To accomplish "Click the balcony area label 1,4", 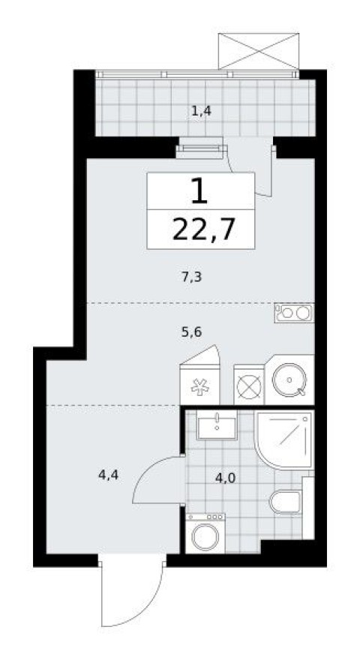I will point(200,112).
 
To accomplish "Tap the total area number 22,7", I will point(200,227).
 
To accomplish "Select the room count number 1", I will point(199,192).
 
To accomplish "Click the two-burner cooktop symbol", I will point(293,312).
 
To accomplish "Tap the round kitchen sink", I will point(288,382).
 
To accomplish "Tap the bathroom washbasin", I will point(216,426).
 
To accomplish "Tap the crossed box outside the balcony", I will point(259,51).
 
